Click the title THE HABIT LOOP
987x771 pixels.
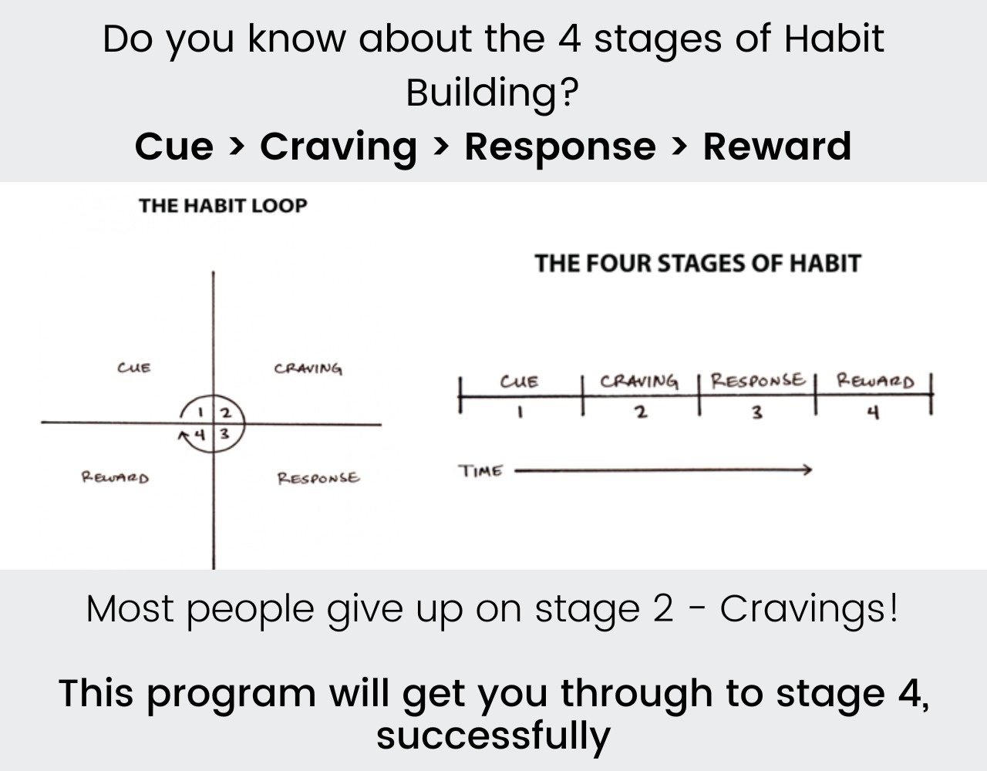point(223,206)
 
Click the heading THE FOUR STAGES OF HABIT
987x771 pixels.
point(697,264)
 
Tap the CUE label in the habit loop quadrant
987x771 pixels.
point(134,368)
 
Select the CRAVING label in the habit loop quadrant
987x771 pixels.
point(308,369)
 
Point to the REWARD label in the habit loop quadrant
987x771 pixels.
point(116,477)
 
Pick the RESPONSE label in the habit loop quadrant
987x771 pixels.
point(318,478)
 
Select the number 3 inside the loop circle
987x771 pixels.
point(224,433)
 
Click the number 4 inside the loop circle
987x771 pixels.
point(200,434)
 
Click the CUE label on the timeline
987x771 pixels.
point(519,382)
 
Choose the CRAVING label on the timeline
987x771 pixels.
point(639,382)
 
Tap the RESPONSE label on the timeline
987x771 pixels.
point(757,380)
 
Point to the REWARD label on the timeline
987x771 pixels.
point(875,381)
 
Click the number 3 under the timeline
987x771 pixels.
point(757,412)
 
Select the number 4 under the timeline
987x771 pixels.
point(873,413)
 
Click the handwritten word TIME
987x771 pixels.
point(481,471)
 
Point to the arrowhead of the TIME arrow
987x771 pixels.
point(807,470)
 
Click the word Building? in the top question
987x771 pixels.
point(493,93)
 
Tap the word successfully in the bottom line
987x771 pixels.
point(493,735)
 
